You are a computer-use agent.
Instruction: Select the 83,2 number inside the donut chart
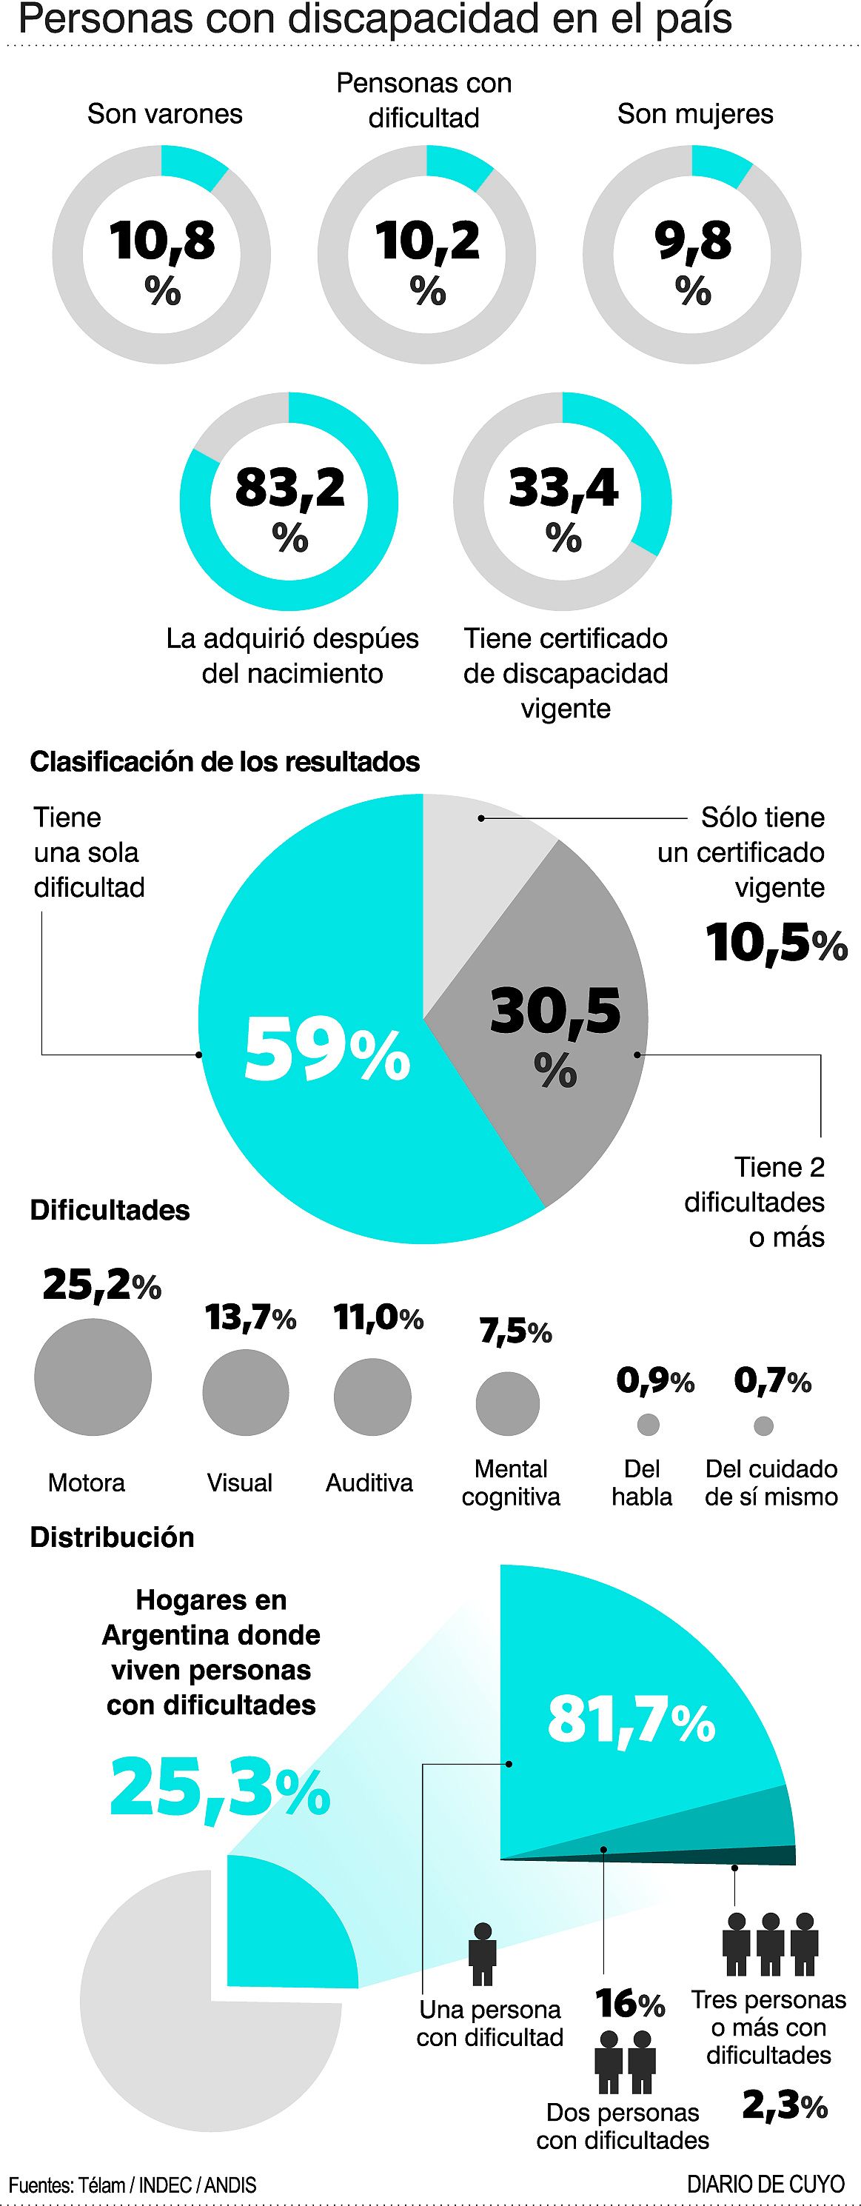click(x=289, y=487)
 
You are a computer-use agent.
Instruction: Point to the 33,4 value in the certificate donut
click(x=563, y=487)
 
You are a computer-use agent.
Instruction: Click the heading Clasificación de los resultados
click(x=224, y=761)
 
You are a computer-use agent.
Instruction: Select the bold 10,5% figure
click(x=775, y=943)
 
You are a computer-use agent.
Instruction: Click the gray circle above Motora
click(x=93, y=1376)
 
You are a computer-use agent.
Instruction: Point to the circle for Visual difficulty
click(x=246, y=1391)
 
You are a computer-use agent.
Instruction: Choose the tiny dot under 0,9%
click(x=649, y=1425)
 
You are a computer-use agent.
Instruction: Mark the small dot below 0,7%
click(x=763, y=1425)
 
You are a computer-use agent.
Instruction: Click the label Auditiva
click(x=369, y=1483)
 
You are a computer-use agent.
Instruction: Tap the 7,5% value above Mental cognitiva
click(x=515, y=1331)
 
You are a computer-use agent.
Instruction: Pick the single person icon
click(x=483, y=1953)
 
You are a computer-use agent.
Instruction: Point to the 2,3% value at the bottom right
click(x=784, y=2106)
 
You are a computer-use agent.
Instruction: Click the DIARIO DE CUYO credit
click(x=765, y=2185)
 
